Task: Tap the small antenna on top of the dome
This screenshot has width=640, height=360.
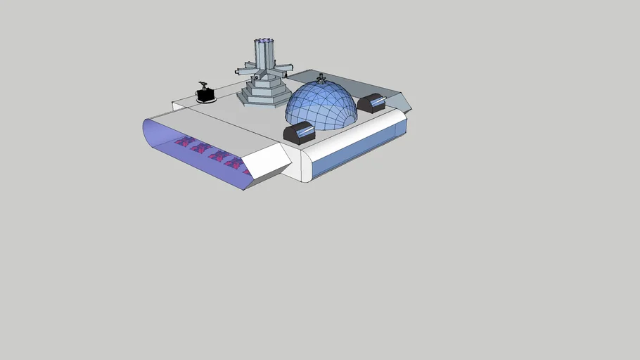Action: click(x=321, y=77)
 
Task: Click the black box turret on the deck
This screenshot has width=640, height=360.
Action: click(x=206, y=94)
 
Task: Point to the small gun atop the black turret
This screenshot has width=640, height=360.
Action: click(x=205, y=84)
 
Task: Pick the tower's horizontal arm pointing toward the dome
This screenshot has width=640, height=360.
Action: click(x=283, y=67)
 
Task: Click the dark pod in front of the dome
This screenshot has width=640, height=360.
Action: click(x=298, y=134)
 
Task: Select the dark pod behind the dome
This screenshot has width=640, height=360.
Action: click(x=371, y=103)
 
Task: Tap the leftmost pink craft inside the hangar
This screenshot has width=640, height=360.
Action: click(x=184, y=142)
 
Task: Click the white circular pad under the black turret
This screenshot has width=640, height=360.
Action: click(x=205, y=101)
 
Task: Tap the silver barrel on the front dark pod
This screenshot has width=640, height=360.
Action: click(x=305, y=131)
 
